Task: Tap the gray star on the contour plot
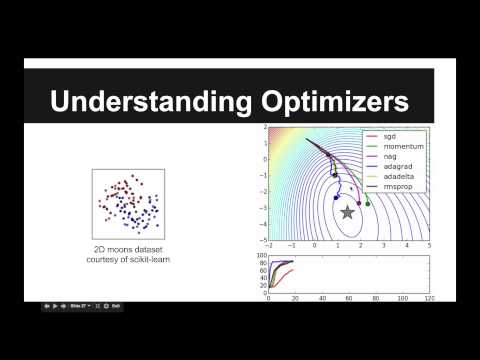(347, 212)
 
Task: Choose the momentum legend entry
(398, 147)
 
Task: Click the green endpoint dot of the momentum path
(368, 204)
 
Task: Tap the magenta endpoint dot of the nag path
(359, 203)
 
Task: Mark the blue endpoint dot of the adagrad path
(336, 198)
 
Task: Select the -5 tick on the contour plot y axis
(258, 241)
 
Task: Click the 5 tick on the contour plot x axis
(429, 246)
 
